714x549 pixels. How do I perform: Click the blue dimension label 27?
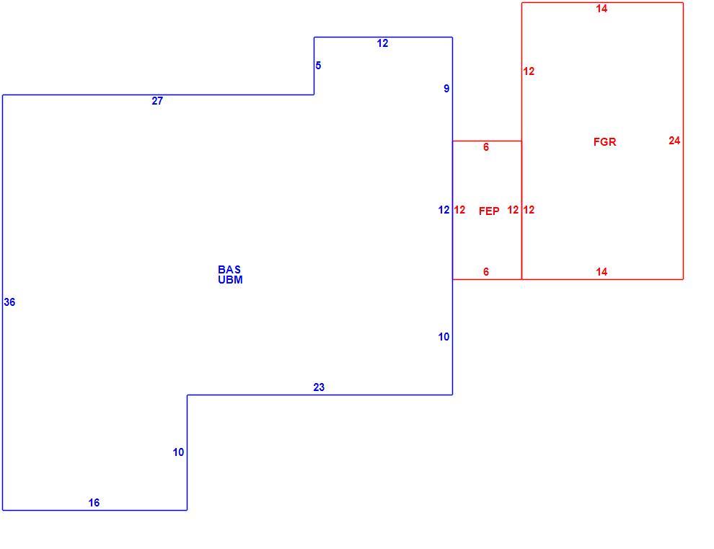point(157,101)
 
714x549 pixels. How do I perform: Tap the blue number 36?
point(9,302)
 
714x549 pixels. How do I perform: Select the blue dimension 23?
point(319,387)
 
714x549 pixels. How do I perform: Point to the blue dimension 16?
point(94,503)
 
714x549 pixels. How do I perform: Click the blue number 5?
point(318,66)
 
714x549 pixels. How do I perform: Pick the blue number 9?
point(446,89)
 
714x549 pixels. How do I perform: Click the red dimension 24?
point(674,141)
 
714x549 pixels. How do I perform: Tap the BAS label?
point(229,270)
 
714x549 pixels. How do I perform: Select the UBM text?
point(230,280)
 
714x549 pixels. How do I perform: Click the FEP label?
point(489,211)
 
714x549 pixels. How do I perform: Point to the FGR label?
point(604,142)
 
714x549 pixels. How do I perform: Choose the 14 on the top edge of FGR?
point(601,9)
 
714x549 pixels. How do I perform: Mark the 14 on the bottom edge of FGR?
point(601,272)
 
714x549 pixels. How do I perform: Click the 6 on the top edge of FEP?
point(486,146)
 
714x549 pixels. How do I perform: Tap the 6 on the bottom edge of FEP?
point(486,272)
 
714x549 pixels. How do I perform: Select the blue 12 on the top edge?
point(382,43)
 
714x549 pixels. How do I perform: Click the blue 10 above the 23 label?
point(444,337)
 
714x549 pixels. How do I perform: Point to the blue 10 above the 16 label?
point(179,452)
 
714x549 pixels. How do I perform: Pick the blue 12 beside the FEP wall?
point(444,210)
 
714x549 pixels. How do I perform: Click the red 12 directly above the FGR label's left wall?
point(529,71)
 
